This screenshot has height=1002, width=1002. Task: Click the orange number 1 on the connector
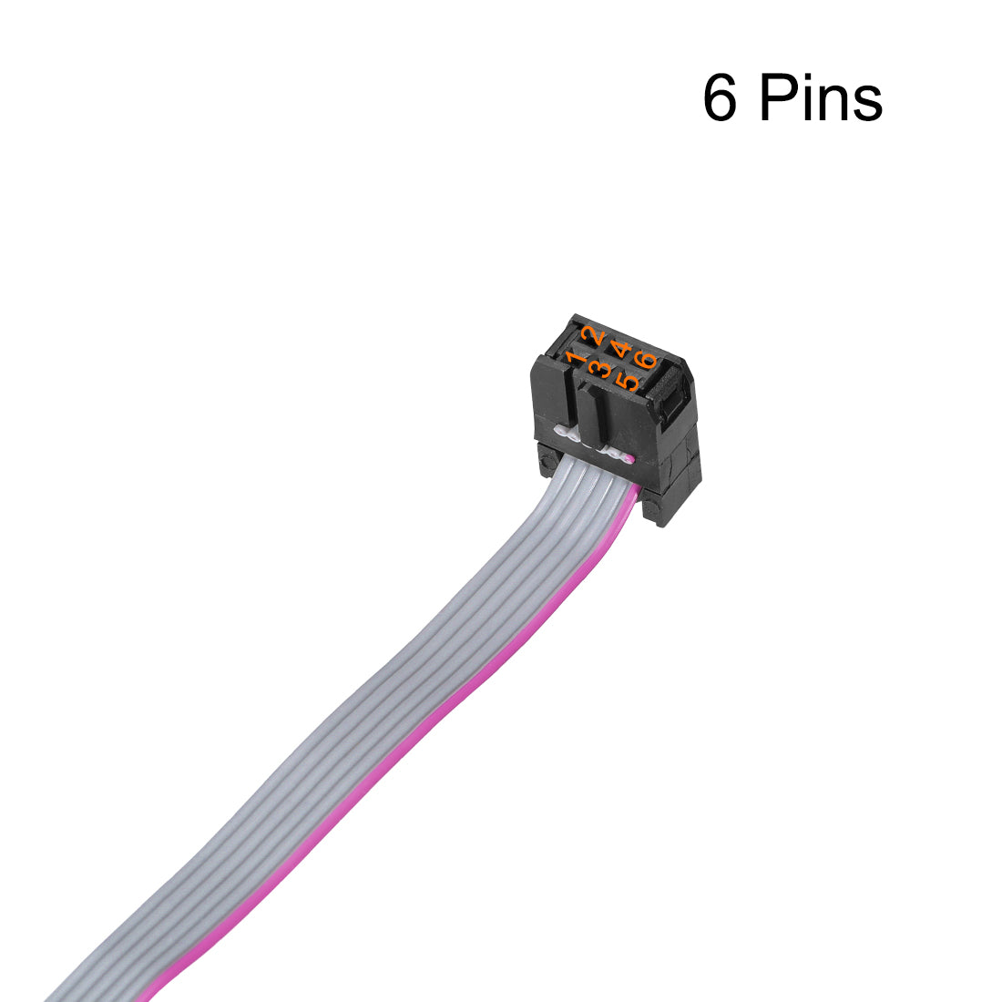[x=577, y=359]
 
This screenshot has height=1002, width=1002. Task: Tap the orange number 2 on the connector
[x=593, y=334]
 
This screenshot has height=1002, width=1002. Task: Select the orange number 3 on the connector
[x=600, y=369]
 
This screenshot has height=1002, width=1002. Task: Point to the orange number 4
[x=620, y=350]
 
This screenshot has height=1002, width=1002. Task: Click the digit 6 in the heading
[x=720, y=97]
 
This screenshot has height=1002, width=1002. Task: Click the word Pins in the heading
[x=821, y=97]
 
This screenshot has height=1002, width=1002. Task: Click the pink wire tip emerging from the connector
[x=630, y=458]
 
